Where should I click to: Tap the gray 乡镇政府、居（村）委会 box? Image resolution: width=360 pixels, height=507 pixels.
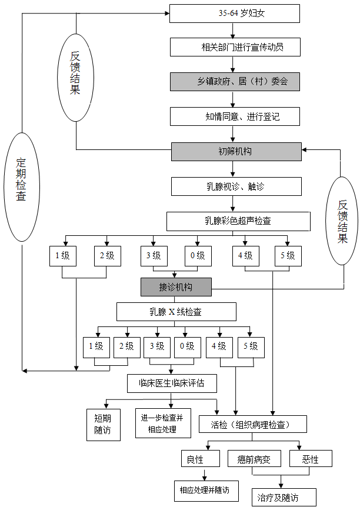(x=235, y=81)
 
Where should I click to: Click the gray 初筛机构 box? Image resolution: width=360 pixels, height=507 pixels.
(x=236, y=151)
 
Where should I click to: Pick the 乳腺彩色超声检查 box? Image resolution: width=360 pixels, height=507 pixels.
(x=238, y=221)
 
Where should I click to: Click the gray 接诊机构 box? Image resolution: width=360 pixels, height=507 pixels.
(x=175, y=287)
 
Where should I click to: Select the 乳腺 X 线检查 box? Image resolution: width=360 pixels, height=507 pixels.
(x=176, y=311)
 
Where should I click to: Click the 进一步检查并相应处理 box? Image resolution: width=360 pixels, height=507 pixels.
(x=163, y=423)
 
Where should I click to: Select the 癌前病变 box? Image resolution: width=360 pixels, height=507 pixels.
(x=254, y=459)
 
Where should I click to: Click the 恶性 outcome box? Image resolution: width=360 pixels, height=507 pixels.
(x=310, y=459)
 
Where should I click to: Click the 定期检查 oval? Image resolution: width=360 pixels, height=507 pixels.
(x=21, y=187)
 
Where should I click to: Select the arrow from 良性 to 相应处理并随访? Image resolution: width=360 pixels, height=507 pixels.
(x=204, y=474)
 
